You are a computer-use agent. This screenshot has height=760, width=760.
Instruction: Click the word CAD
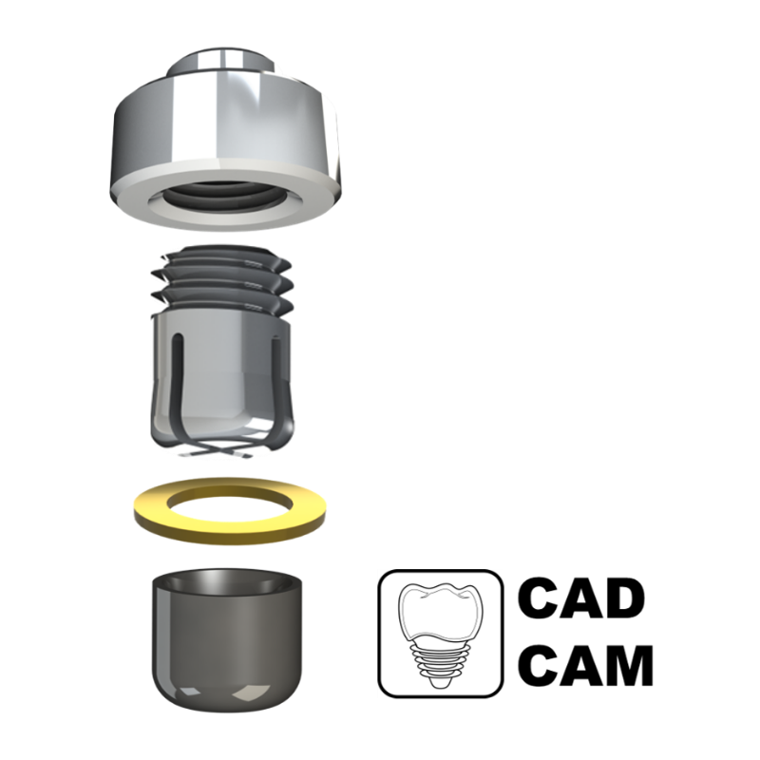581,598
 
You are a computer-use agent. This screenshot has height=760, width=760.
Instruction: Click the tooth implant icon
440,634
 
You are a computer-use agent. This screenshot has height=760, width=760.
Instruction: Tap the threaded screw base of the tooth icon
439,663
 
